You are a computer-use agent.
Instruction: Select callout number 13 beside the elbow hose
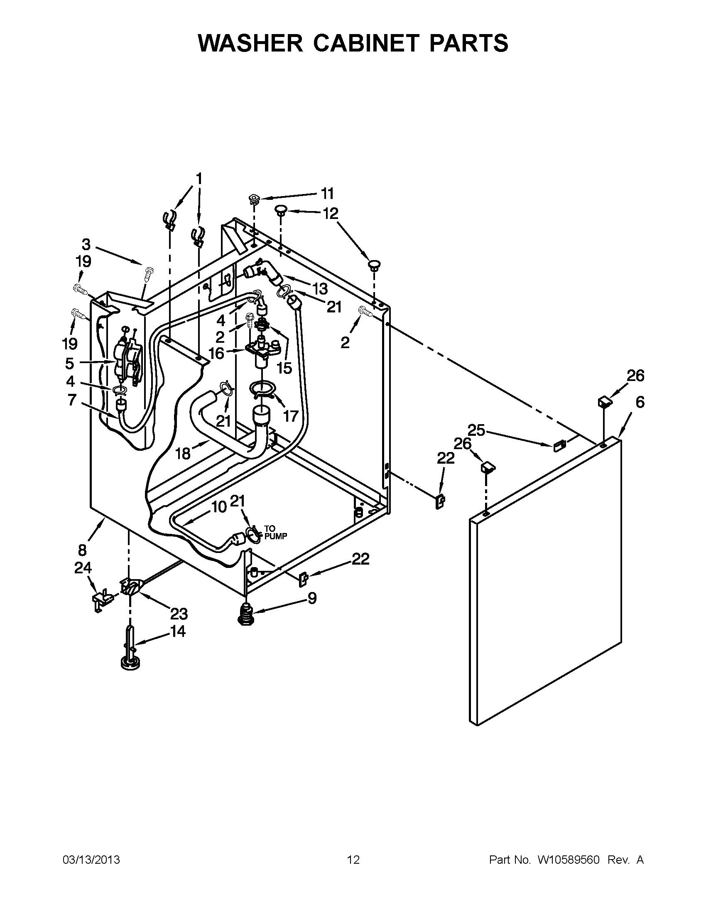[320, 288]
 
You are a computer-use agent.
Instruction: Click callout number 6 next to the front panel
[640, 402]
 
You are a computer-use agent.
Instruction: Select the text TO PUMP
[275, 533]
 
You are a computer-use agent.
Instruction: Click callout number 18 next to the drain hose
[183, 453]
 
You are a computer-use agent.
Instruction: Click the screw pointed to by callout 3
[149, 274]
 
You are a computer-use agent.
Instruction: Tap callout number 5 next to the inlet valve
[69, 363]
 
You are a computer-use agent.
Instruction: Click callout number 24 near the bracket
[83, 568]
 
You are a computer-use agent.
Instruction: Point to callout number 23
[179, 614]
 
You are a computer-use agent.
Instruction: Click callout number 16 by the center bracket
[216, 353]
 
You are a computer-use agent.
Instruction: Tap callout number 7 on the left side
[71, 400]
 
